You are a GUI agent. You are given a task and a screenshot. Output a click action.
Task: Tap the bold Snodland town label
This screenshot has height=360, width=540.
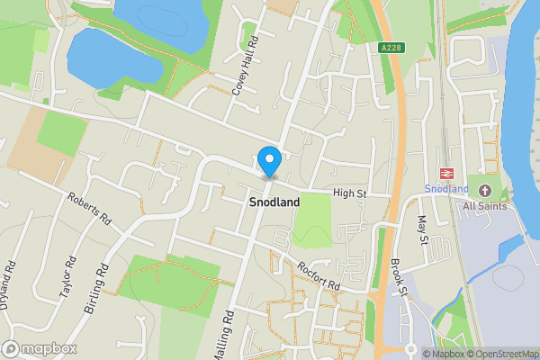(274, 203)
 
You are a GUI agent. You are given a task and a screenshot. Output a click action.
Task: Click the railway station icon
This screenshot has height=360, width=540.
(445, 173)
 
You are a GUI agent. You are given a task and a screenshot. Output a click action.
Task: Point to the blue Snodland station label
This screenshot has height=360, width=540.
(446, 189)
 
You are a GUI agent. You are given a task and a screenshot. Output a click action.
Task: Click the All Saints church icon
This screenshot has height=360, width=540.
(485, 190)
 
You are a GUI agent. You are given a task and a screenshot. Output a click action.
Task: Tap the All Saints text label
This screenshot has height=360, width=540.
(485, 206)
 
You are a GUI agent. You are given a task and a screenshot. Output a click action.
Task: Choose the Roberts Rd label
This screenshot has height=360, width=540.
(89, 208)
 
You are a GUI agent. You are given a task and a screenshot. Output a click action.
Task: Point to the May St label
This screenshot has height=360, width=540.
(422, 229)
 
